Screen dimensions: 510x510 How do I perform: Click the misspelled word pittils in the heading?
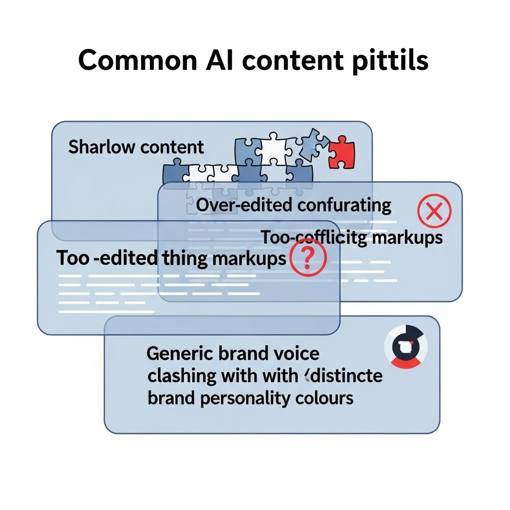click(386, 61)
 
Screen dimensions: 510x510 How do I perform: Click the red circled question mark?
click(308, 258)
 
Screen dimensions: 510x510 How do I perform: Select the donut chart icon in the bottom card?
click(405, 347)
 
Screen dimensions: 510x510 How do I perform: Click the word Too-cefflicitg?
click(314, 238)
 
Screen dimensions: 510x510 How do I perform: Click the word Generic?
click(181, 353)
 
